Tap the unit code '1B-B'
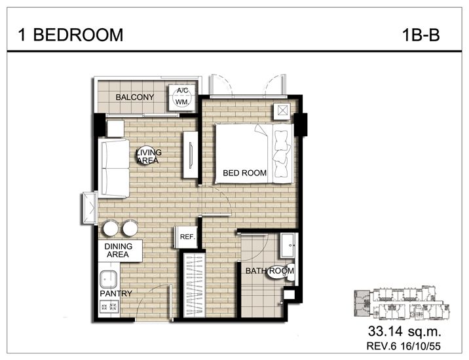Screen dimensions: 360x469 click(x=420, y=35)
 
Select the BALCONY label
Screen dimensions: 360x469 click(x=134, y=98)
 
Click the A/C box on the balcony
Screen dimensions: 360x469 click(x=181, y=92)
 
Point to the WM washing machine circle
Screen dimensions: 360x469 click(x=181, y=103)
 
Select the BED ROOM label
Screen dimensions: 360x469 click(x=244, y=173)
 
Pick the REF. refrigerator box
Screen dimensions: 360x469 click(x=185, y=237)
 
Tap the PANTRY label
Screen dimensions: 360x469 click(x=116, y=294)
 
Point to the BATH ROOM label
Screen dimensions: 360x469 click(x=269, y=270)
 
